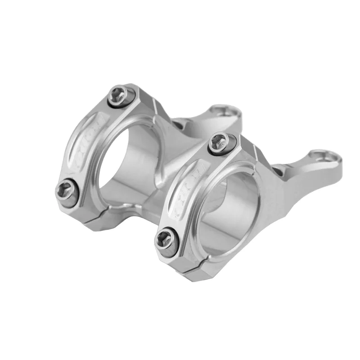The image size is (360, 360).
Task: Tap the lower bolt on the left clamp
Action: [66, 192]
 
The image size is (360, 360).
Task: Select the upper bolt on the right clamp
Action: [220, 143]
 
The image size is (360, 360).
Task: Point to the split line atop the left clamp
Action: [155, 106]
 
